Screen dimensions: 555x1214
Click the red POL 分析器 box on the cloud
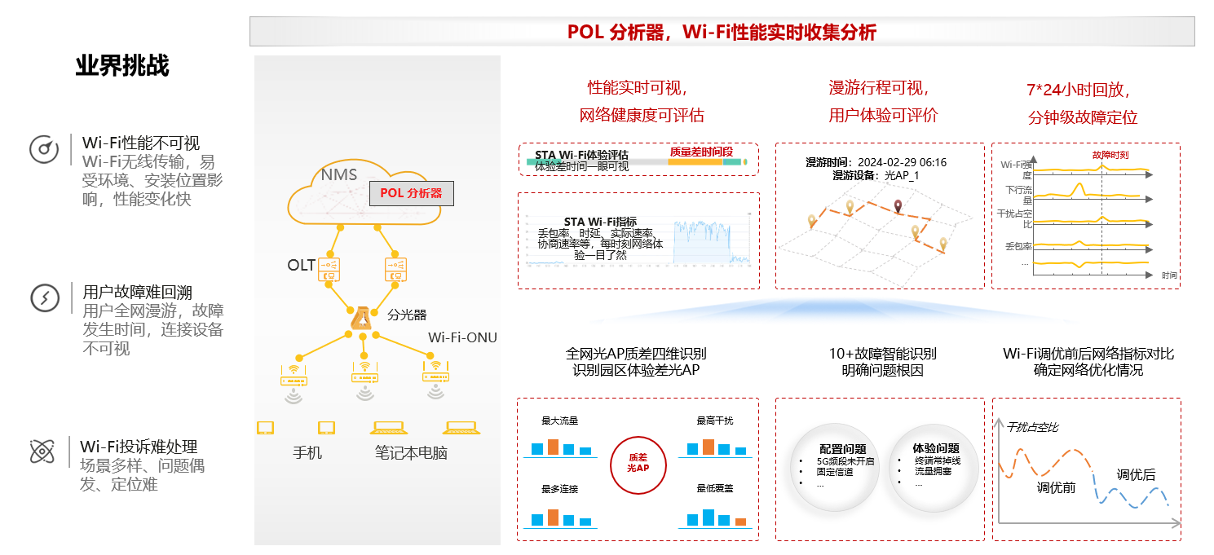411,193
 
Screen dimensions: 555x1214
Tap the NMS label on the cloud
338,174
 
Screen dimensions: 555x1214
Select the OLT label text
301,266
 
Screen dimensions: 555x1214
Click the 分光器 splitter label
407,315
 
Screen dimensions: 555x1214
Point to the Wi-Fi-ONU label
462,337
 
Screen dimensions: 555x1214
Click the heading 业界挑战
122,66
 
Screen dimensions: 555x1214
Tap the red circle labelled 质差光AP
638,464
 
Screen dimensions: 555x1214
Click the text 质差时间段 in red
701,152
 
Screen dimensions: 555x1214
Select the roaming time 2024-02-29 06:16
902,162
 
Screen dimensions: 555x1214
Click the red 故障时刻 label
1110,155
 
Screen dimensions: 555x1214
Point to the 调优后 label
1136,475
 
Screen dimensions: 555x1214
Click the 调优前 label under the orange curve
1056,488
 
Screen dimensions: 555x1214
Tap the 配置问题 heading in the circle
842,449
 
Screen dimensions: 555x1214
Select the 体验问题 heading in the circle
935,448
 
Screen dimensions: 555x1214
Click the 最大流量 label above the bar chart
560,421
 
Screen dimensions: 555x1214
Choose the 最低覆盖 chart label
715,488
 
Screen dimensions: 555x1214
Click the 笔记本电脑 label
411,453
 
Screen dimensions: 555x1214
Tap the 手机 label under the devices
307,452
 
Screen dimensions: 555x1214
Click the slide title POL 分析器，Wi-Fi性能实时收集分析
722,32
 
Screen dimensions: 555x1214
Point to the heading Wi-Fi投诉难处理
139,447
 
